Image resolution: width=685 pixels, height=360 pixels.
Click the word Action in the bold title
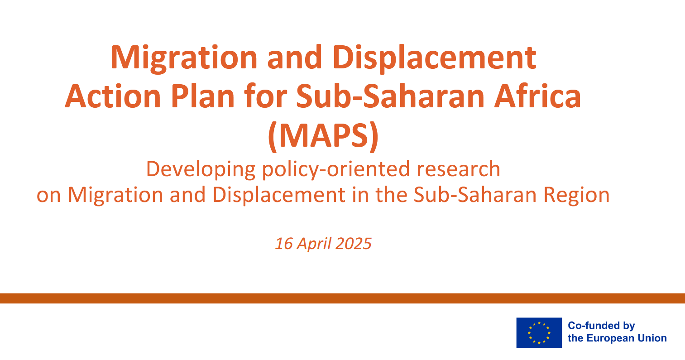click(x=113, y=96)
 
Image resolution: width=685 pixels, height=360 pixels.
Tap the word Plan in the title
click(x=202, y=96)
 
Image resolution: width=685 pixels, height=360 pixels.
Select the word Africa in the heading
click(x=537, y=96)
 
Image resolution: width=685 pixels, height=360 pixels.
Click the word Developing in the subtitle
click(x=201, y=169)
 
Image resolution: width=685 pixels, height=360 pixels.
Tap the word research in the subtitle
click(x=458, y=169)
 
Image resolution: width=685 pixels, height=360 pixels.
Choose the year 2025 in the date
click(x=354, y=244)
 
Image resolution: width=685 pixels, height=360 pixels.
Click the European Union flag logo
click(x=539, y=333)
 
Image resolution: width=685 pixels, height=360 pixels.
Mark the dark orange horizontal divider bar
click(x=342, y=298)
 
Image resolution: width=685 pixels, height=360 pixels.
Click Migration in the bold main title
click(x=184, y=58)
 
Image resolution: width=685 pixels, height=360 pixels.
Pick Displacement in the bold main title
click(x=435, y=58)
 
